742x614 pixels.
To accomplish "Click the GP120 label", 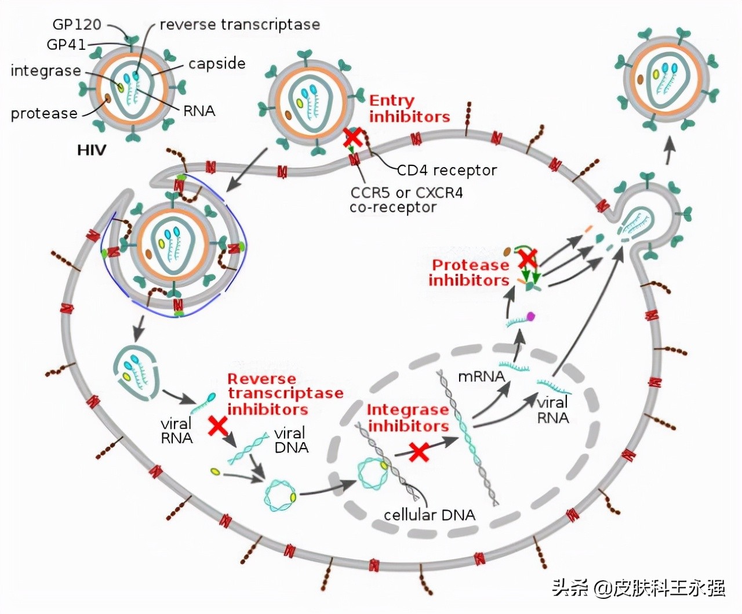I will [77, 24].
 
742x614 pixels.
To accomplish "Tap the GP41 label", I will [66, 45].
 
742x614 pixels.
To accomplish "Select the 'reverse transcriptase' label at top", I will [239, 24].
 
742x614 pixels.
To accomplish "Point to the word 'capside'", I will [217, 63].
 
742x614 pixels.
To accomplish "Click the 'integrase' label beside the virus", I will [46, 71].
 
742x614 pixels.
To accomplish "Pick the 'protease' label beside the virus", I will [44, 113].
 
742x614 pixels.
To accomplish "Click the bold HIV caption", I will [92, 150].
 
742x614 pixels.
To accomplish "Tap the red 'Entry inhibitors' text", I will [409, 109].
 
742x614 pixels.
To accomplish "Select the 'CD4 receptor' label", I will [446, 170].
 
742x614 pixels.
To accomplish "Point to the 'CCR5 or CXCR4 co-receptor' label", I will [406, 200].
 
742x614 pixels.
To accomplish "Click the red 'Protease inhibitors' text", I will [469, 273].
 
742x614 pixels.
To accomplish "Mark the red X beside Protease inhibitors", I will [527, 257].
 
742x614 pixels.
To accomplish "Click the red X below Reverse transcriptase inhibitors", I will [218, 426].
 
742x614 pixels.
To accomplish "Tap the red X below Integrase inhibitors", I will [419, 451].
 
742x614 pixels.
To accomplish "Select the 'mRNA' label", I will [481, 376].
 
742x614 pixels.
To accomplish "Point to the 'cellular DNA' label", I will [429, 515].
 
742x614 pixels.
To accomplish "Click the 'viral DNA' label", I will [291, 440].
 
